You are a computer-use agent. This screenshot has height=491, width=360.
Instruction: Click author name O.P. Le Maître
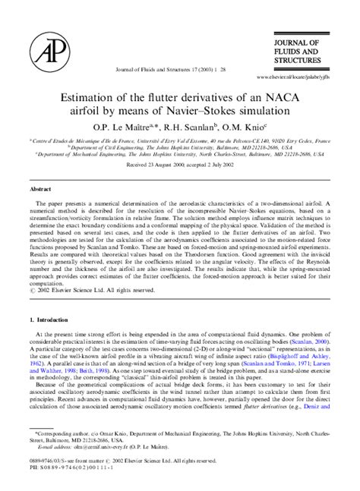pos(126,127)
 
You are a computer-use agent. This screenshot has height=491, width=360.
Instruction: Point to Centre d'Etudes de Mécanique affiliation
pos(84,140)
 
